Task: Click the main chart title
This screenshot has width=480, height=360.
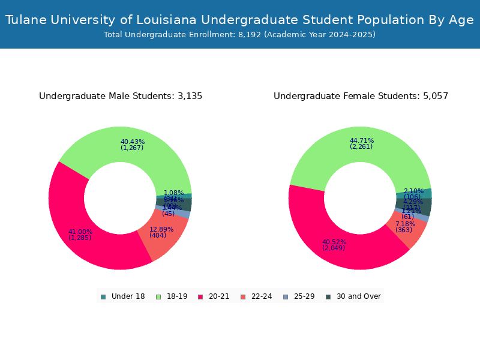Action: tap(240, 20)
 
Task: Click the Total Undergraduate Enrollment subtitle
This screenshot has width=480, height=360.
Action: tap(240, 35)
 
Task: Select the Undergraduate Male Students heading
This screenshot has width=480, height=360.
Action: tap(121, 96)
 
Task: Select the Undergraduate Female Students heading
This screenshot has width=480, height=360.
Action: tap(361, 96)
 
